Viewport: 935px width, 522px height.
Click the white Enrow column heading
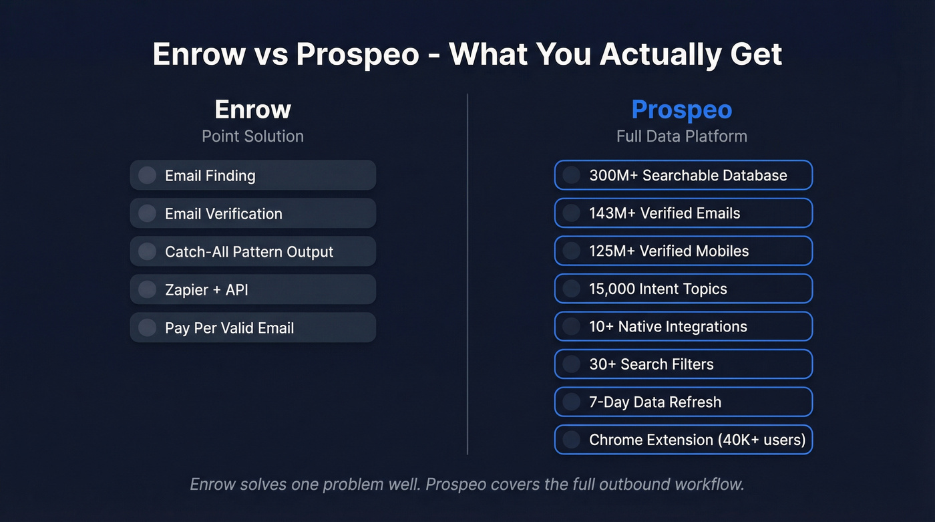click(x=252, y=110)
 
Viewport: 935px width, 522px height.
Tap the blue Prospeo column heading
click(x=681, y=110)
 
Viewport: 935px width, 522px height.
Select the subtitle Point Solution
click(x=252, y=136)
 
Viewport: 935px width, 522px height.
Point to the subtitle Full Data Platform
click(x=681, y=136)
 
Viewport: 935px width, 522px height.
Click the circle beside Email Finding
click(x=147, y=175)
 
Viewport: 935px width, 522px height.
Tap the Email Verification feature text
click(x=223, y=214)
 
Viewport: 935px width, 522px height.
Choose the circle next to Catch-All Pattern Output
click(x=147, y=251)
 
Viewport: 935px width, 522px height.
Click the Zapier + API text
click(x=206, y=290)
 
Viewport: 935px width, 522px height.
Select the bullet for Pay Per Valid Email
click(x=147, y=328)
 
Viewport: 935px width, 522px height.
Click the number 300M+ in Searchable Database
click(x=612, y=175)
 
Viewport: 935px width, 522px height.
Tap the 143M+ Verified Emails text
click(x=664, y=213)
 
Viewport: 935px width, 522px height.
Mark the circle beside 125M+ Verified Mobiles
click(x=571, y=251)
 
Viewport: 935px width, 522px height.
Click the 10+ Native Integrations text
click(x=668, y=327)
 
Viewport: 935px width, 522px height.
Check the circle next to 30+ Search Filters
click(x=571, y=364)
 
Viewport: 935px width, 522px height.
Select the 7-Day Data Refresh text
click(x=654, y=402)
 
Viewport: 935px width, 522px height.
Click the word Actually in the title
click(x=662, y=54)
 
